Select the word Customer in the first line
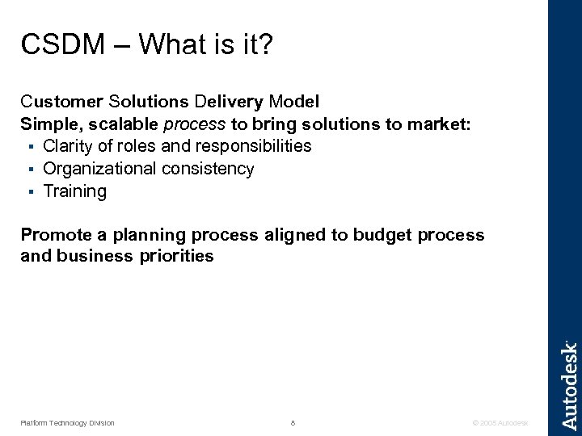(59, 103)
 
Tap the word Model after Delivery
(293, 103)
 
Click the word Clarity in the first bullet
(70, 146)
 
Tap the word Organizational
(100, 169)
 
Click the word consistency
(209, 169)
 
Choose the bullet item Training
(74, 191)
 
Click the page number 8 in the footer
(292, 422)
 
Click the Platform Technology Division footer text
(68, 422)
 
